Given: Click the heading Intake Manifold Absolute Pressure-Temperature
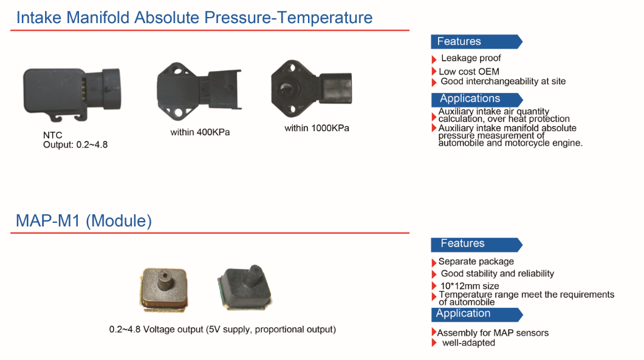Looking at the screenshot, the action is (194, 18).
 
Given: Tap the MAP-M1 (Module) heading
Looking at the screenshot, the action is (84, 221).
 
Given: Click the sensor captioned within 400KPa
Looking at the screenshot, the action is (199, 91).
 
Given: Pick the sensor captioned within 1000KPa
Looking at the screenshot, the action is (311, 89).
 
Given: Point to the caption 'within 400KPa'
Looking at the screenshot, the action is (200, 132).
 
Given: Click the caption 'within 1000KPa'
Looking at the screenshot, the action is (317, 128).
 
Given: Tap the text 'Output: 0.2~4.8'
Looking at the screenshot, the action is (75, 144).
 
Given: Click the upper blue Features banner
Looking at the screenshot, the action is (476, 41).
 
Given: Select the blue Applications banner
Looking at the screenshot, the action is (477, 99).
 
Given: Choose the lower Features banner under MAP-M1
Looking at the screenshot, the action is (476, 244).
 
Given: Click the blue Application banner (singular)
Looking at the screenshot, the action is (476, 314).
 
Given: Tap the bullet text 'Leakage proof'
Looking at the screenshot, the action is (471, 58).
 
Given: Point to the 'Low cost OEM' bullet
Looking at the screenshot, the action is (469, 72).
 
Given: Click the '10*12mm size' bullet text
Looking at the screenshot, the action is (470, 286).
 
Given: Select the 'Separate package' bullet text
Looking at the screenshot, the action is (476, 262).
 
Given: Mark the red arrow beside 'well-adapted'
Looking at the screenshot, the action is (434, 343).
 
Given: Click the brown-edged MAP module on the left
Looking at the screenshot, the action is (164, 288).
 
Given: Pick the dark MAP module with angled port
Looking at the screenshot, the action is (245, 287).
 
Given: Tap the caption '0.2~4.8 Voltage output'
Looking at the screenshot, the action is (156, 329).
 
